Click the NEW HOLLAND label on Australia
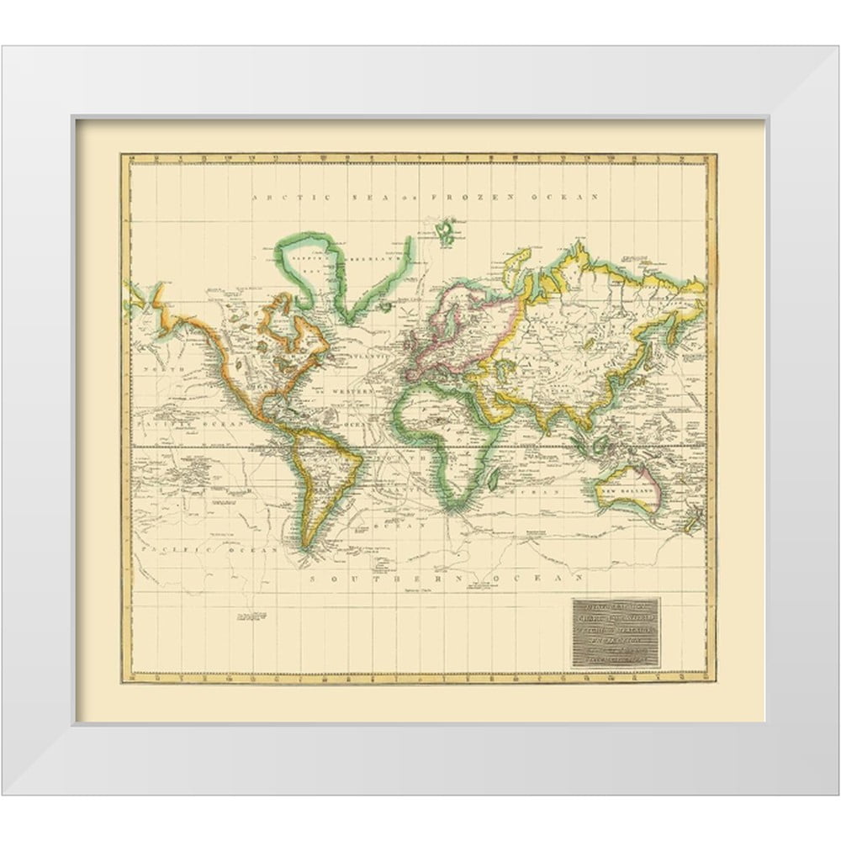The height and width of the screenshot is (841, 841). point(621,488)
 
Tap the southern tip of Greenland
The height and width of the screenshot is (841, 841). point(347,317)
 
